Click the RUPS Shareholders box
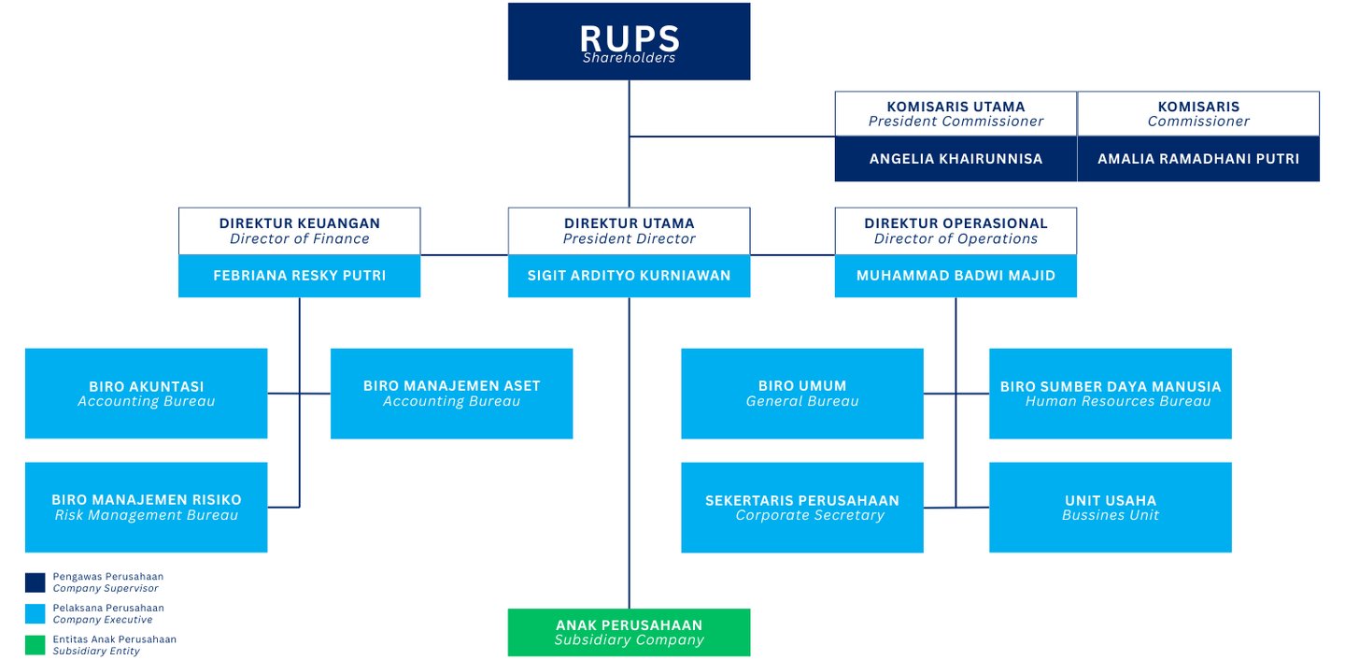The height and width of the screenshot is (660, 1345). tap(629, 41)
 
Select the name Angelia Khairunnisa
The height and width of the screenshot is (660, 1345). tap(955, 159)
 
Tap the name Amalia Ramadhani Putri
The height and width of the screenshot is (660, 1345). tap(1197, 159)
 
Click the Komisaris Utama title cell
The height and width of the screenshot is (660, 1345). tap(955, 114)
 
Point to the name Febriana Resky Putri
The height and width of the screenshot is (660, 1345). tap(299, 276)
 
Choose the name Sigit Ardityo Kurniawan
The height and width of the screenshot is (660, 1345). tap(629, 276)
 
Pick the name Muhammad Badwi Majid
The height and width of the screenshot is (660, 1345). tap(955, 276)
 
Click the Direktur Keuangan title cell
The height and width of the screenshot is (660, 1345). tap(299, 231)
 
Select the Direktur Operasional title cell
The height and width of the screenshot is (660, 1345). tap(955, 231)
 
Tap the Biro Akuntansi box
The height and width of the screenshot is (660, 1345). tap(146, 394)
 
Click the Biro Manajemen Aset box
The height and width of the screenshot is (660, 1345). tap(451, 394)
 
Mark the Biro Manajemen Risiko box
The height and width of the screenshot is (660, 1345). tap(146, 507)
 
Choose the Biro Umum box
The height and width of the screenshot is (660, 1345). tap(801, 394)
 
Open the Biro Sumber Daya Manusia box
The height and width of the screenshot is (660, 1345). tap(1110, 394)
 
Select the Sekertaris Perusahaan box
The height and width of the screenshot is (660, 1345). tap(801, 507)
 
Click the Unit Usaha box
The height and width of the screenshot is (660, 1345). tap(1110, 507)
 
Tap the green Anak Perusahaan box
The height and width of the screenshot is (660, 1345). tap(629, 632)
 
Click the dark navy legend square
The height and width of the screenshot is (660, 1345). tap(35, 582)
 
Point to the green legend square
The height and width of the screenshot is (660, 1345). tap(35, 645)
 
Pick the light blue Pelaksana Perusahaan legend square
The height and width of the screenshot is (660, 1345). tap(35, 613)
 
